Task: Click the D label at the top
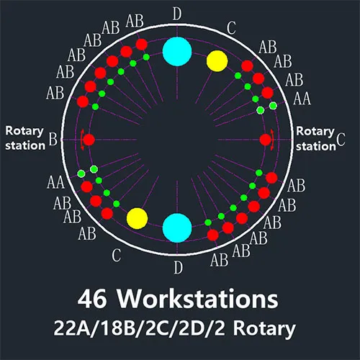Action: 177,14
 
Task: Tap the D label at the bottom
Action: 178,267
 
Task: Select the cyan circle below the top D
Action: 177,51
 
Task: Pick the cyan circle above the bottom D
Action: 177,228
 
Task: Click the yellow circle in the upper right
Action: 217,61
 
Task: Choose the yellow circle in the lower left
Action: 137,218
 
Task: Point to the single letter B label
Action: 53,139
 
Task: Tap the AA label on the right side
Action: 302,99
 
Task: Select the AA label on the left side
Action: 55,182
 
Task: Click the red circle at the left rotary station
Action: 89,140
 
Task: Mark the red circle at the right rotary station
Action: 266,140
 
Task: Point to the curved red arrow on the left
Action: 81,140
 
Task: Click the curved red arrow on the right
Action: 273,140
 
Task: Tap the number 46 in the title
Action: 92,299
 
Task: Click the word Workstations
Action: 197,299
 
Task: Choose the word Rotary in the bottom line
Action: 264,329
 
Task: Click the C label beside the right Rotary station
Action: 341,139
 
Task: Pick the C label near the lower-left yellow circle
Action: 117,256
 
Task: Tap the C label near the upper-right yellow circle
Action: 231,28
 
